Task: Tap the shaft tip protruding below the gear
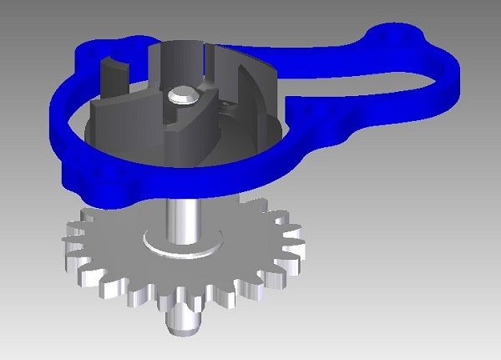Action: tap(181, 322)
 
